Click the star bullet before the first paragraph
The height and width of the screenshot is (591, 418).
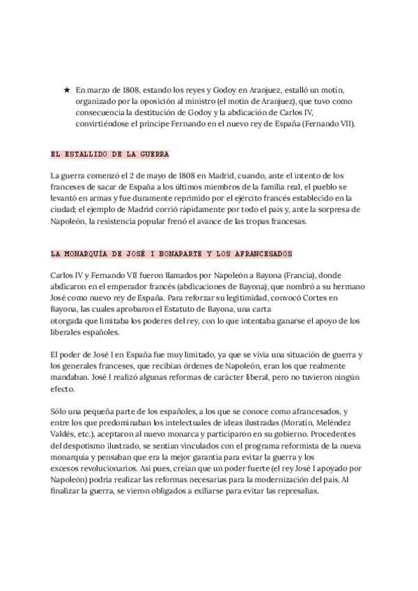[66, 90]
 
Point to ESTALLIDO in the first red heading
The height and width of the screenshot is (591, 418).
[96, 154]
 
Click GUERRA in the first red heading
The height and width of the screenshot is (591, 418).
[154, 154]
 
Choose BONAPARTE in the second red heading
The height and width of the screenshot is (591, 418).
[172, 252]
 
